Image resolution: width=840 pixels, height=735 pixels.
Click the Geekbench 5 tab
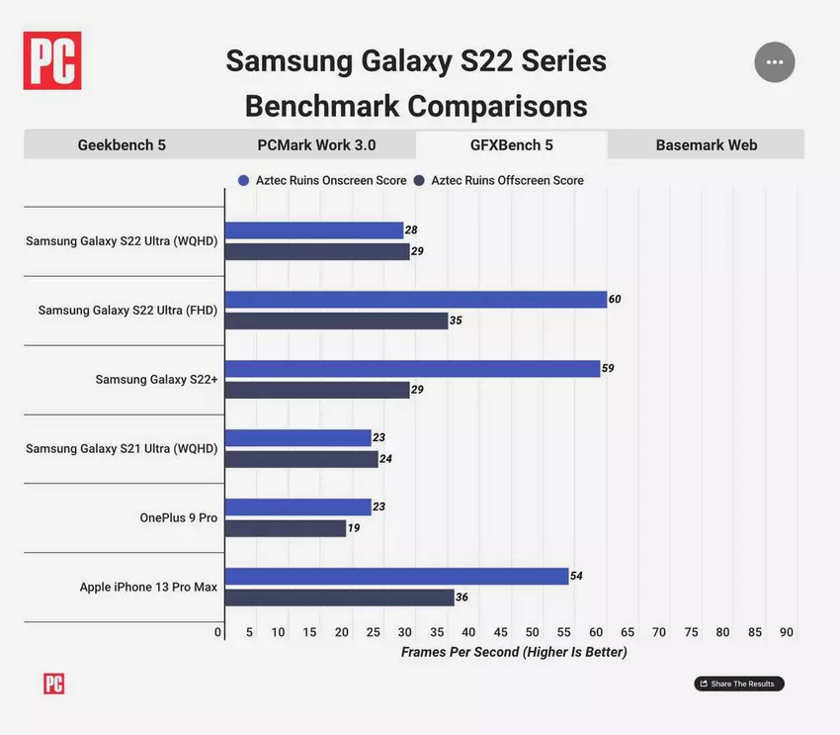tap(122, 145)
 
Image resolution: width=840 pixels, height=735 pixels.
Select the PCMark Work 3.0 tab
tap(316, 145)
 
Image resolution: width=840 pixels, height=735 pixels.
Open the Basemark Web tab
tap(706, 145)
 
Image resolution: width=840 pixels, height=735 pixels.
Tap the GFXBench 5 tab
tap(511, 145)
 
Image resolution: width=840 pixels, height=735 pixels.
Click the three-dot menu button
tap(774, 62)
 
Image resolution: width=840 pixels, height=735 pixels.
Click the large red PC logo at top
tap(52, 60)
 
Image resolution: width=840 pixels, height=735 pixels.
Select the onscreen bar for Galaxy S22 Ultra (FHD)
tap(415, 300)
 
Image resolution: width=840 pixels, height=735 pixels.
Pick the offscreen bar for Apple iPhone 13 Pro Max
tap(339, 597)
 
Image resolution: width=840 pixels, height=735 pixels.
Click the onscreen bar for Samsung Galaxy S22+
tap(412, 369)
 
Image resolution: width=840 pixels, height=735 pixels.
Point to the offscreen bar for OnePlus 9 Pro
tap(286, 528)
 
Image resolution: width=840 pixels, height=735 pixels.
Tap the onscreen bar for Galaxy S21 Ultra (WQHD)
tap(297, 438)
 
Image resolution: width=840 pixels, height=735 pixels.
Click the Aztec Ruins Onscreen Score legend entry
tap(321, 181)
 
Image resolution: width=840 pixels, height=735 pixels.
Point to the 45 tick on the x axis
tap(500, 632)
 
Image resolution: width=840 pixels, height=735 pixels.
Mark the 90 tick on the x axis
tap(786, 632)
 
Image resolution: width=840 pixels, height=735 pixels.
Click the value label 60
tap(615, 300)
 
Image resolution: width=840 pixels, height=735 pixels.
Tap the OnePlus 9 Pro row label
tap(178, 517)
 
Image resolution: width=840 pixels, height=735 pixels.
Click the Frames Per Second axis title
tap(514, 653)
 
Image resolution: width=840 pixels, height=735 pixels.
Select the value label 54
tap(576, 576)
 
